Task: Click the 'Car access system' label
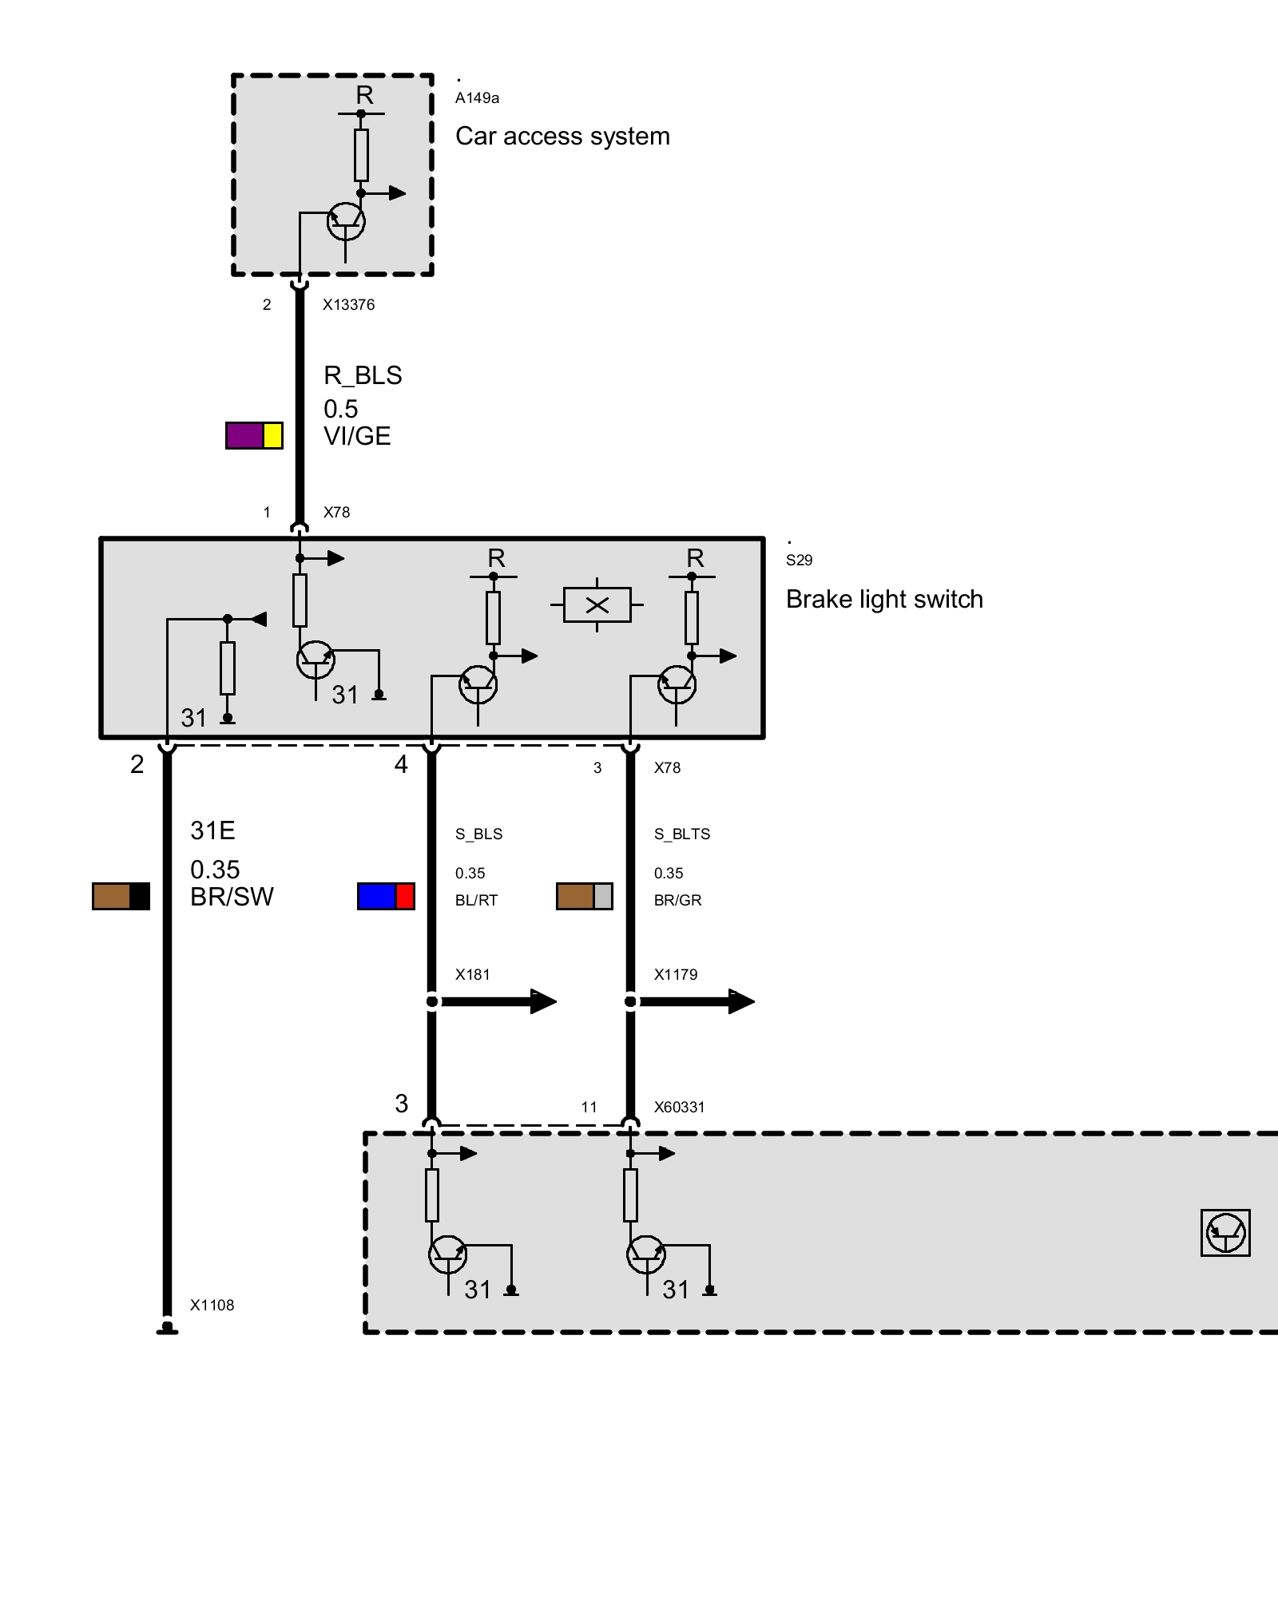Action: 562,137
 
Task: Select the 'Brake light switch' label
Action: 884,600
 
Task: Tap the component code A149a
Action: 477,98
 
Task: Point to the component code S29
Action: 799,561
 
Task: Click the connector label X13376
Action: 348,305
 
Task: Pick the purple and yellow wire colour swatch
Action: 254,435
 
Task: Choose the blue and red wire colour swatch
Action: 386,897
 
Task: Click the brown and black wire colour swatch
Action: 121,897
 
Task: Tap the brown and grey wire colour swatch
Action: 585,897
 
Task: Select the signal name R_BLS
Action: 363,375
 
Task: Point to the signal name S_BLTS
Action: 682,834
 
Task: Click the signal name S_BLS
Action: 478,834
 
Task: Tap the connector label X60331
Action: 679,1108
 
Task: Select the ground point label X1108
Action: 212,1306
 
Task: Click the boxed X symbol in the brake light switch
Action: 597,605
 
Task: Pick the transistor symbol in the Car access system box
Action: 346,221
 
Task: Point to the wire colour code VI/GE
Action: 357,437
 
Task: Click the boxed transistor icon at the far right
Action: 1225,1233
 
